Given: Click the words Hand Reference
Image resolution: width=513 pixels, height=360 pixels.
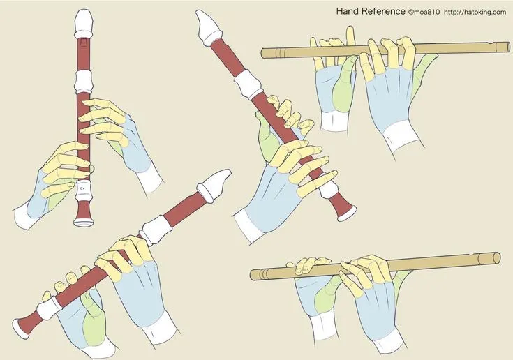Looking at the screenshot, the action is pyautogui.click(x=370, y=11).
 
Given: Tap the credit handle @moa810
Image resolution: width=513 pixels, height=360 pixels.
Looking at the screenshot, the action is pyautogui.click(x=424, y=12).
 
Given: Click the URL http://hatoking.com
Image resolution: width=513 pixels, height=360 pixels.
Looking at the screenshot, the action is pyautogui.click(x=475, y=12).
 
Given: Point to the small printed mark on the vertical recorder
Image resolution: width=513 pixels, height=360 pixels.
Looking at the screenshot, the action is pyautogui.click(x=83, y=188).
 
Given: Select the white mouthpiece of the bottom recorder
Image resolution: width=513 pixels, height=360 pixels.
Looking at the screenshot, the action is pyautogui.click(x=214, y=185).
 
